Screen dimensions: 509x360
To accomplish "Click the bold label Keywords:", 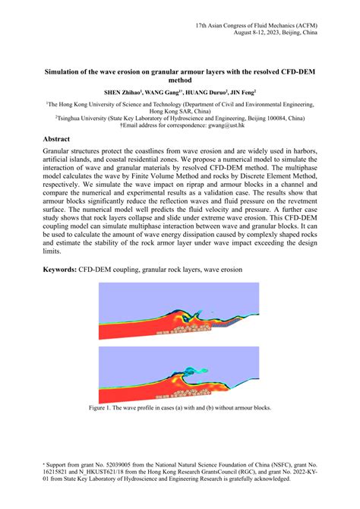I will point(62,269).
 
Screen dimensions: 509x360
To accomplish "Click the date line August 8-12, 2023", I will point(270,34).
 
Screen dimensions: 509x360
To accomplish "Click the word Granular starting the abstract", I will point(63,152).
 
